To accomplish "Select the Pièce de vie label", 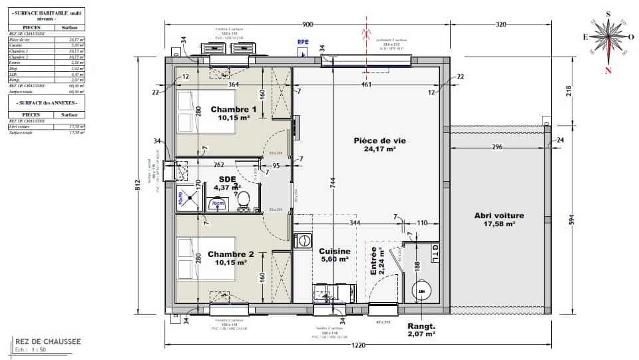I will tap(379, 140).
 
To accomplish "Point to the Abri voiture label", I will tap(499, 216).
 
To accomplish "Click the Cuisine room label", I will tap(335, 251).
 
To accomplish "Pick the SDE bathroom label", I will tap(228, 179).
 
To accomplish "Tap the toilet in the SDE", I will tap(244, 200).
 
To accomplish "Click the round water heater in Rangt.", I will tap(420, 290).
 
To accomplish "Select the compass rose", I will tap(607, 37).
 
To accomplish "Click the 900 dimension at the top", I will tap(307, 25).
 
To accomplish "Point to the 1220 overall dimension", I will tap(359, 346).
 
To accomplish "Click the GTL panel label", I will tap(435, 253).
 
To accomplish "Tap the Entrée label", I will tap(374, 261).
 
